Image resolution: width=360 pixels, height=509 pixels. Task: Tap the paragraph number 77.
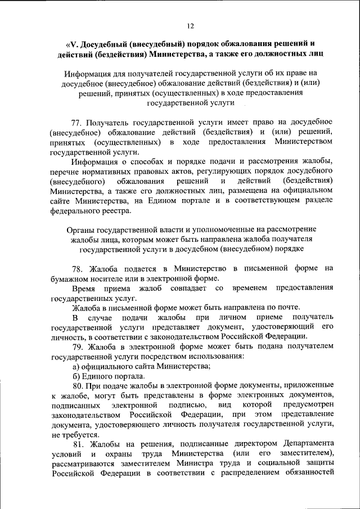coord(78,121)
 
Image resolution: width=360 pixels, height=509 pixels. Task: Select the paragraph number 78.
coord(78,268)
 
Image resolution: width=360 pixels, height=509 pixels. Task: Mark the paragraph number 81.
coord(78,443)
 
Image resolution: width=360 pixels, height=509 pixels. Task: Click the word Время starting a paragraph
coord(83,288)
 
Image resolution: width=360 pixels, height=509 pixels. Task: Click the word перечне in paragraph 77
coord(66,171)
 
